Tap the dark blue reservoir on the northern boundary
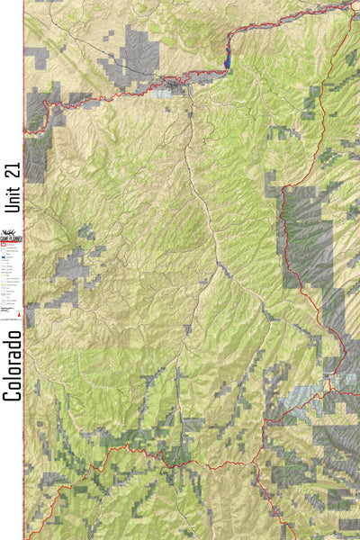(x=227, y=59)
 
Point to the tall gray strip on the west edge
(x=36, y=157)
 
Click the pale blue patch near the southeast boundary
(x=301, y=397)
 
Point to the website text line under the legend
(x=11, y=318)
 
